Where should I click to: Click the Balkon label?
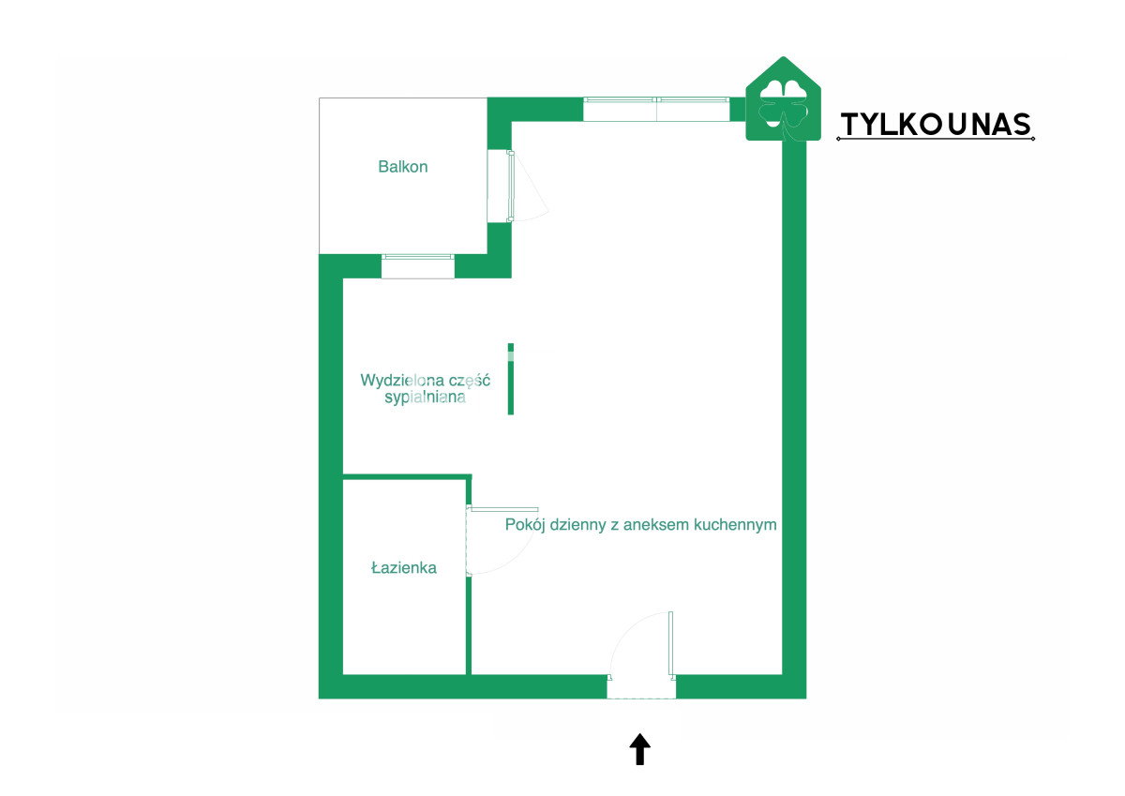pyautogui.click(x=403, y=167)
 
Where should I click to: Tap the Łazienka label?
pyautogui.click(x=404, y=567)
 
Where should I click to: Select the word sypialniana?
pyautogui.click(x=425, y=398)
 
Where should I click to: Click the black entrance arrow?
pyautogui.click(x=639, y=749)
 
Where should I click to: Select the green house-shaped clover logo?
pyautogui.click(x=783, y=99)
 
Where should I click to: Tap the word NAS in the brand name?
pyautogui.click(x=1001, y=125)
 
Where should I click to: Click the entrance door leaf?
pyautogui.click(x=670, y=643)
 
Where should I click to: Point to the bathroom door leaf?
pyautogui.click(x=503, y=509)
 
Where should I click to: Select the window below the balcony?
pyautogui.click(x=418, y=266)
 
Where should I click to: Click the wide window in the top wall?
pyautogui.click(x=656, y=110)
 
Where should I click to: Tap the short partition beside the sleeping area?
pyautogui.click(x=511, y=379)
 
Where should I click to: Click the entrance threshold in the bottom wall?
pyautogui.click(x=641, y=687)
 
